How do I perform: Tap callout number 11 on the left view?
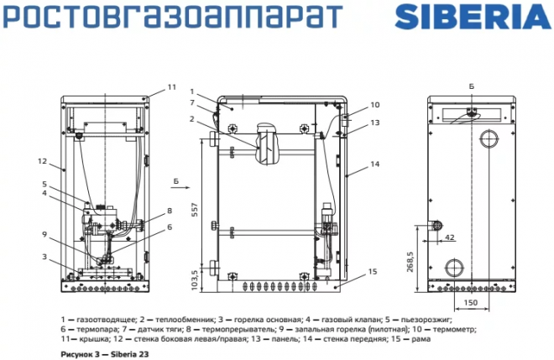click(x=171, y=86)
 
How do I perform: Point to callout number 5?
click(x=44, y=183)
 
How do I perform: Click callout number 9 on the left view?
click(x=44, y=234)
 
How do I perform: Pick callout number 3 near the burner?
click(x=44, y=256)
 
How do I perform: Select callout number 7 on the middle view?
click(x=192, y=102)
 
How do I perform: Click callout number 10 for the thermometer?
click(x=374, y=105)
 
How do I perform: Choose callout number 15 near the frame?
click(x=373, y=272)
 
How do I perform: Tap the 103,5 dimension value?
click(x=196, y=278)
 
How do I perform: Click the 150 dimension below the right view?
click(x=470, y=302)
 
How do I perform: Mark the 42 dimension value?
click(x=450, y=238)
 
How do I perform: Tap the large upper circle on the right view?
click(x=488, y=138)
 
